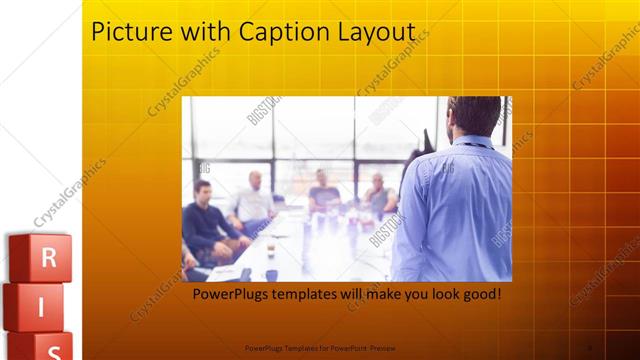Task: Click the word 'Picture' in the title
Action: point(126,32)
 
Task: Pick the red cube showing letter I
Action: point(40,306)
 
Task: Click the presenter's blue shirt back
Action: point(455,205)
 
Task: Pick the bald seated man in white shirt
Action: point(252,200)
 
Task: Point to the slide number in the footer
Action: point(589,348)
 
